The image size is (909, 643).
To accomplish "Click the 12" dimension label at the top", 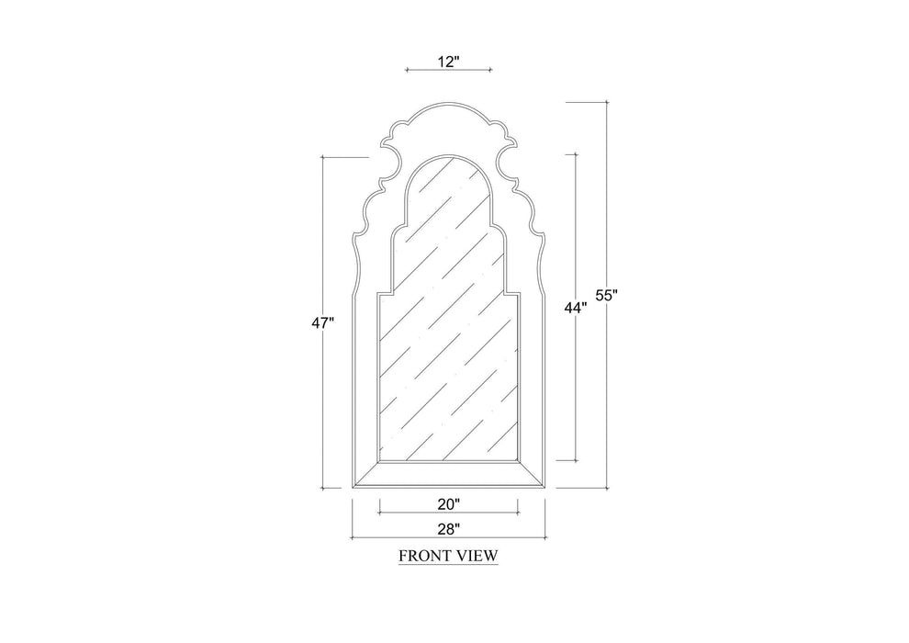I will click(x=448, y=61).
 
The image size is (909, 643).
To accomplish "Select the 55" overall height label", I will click(x=606, y=295).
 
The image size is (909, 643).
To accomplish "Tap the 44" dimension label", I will click(x=575, y=309).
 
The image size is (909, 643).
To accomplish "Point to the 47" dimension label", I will click(x=321, y=322).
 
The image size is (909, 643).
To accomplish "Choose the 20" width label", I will click(x=448, y=503).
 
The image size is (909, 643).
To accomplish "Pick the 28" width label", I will click(x=448, y=528).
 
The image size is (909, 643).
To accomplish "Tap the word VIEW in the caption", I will click(x=478, y=556).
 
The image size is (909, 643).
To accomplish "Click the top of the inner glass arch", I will click(x=448, y=157).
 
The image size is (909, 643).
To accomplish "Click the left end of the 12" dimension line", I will click(x=406, y=70).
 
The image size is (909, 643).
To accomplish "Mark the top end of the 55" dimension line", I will click(x=607, y=102).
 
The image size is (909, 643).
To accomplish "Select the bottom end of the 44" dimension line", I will click(x=576, y=460).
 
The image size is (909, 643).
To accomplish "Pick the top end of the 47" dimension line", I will click(x=322, y=157).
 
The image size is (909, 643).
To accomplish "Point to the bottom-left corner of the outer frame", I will click(x=353, y=488).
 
